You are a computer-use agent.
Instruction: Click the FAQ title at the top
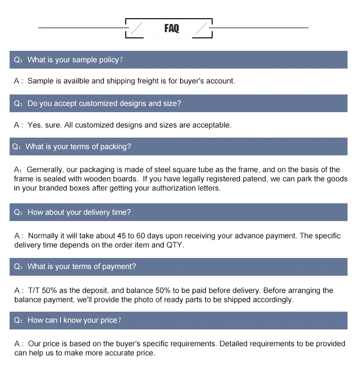(171, 28)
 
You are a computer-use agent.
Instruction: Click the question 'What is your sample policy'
(73, 60)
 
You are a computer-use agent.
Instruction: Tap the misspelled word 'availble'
(76, 81)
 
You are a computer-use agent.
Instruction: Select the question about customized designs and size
(104, 104)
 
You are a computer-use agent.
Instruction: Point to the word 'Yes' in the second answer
(35, 125)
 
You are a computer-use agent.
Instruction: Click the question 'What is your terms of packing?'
(78, 147)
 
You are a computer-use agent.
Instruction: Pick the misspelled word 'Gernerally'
(45, 170)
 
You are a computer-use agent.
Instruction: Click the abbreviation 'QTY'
(175, 245)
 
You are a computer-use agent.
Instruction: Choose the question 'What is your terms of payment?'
(82, 267)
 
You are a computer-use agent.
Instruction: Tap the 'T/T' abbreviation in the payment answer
(34, 291)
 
